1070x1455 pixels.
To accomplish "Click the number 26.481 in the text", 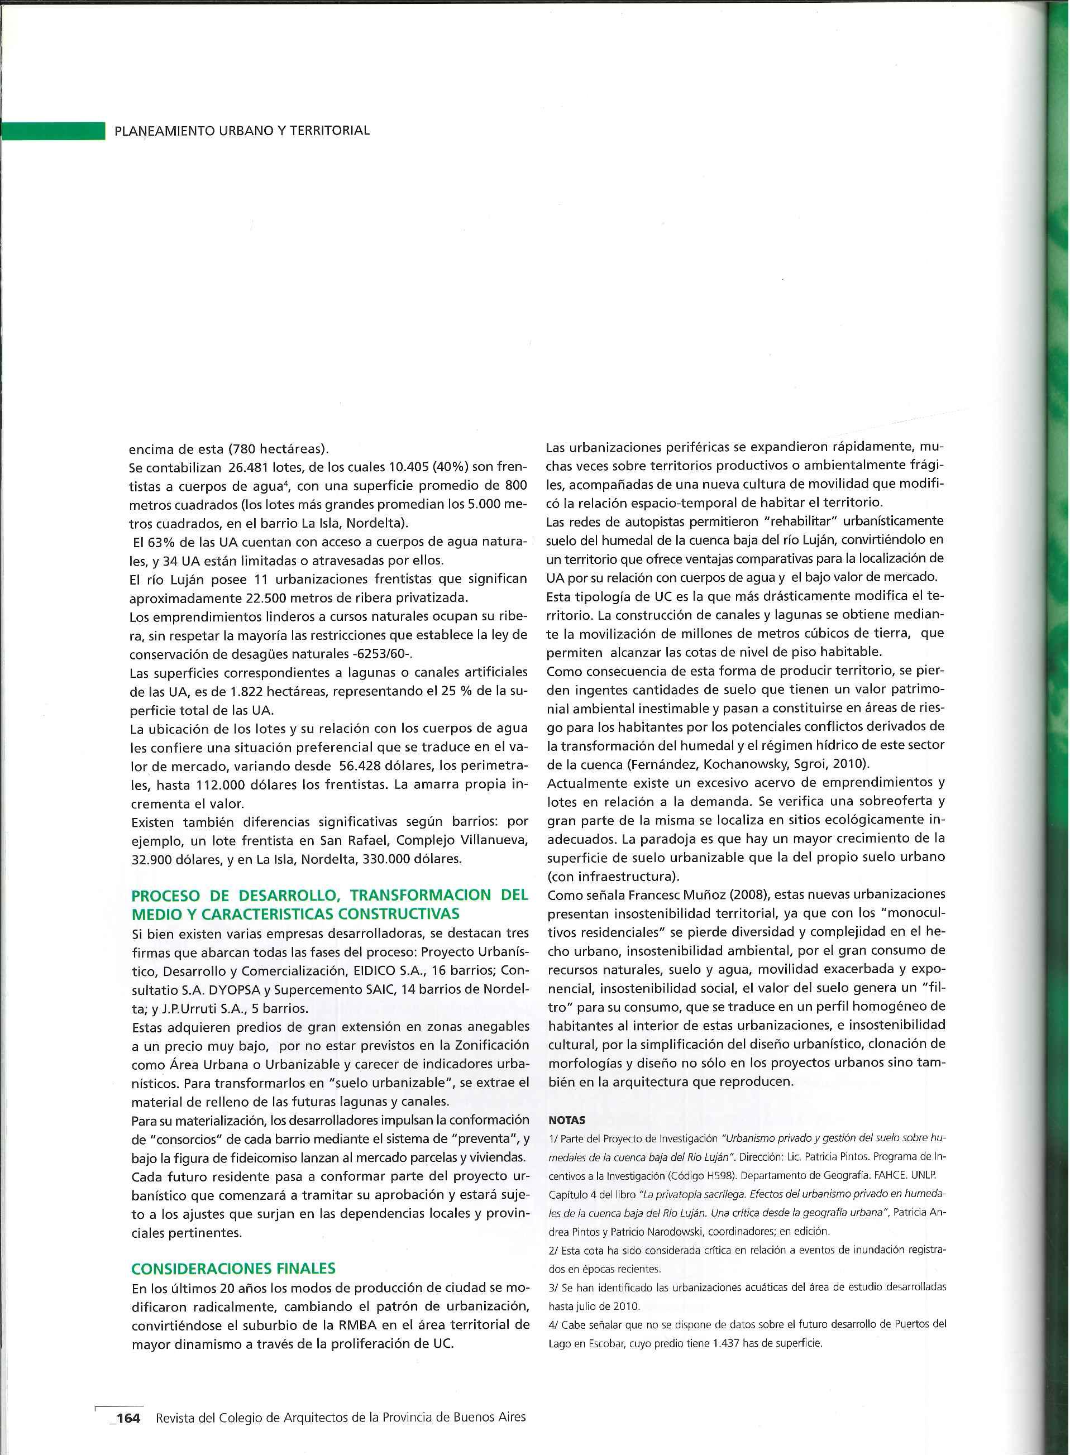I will (x=253, y=467).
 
